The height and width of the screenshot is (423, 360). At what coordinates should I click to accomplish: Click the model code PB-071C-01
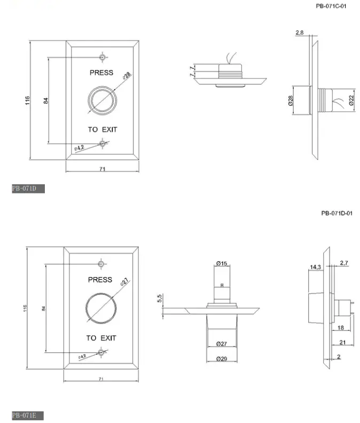331,6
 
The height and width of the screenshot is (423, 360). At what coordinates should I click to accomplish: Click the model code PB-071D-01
336,213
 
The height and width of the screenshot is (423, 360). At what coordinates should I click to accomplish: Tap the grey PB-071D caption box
28,189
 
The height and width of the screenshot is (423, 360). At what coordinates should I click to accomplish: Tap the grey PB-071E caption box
27,415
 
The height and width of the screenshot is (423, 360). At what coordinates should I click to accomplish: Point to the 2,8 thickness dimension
300,33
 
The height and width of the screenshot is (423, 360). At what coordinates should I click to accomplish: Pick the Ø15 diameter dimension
222,263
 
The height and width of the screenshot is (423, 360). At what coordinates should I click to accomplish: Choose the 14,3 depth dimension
315,267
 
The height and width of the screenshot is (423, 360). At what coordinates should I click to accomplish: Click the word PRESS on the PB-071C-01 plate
101,72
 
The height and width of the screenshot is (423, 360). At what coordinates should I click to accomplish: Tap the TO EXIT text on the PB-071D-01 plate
101,338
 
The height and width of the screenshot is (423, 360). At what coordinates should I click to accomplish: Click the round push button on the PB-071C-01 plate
101,100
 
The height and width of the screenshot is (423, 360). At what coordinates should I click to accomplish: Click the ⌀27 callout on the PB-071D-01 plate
124,281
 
